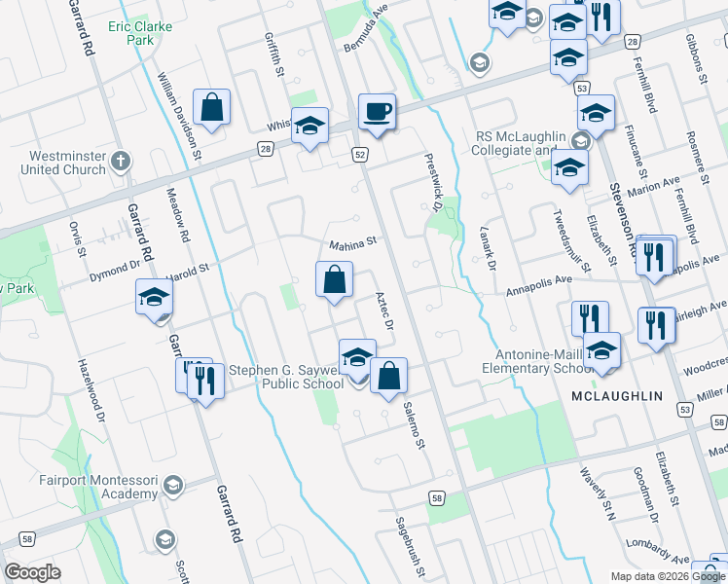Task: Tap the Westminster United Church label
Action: point(54,162)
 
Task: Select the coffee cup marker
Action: point(376,111)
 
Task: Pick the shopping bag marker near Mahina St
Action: point(334,280)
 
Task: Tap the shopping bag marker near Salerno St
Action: point(388,376)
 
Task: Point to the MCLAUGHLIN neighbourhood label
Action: point(617,396)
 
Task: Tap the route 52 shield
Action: point(360,155)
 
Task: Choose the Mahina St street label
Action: point(351,243)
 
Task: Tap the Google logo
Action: point(33,572)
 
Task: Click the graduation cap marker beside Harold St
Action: point(154,298)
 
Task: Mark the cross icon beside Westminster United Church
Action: point(120,160)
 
